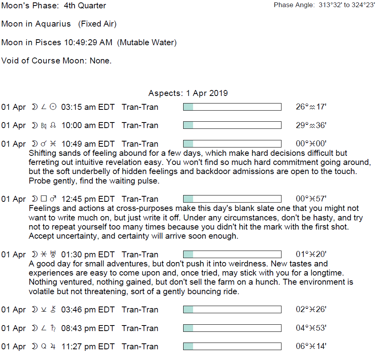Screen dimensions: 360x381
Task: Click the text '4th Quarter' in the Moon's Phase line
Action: point(85,6)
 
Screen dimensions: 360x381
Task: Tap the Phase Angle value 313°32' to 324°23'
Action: point(347,5)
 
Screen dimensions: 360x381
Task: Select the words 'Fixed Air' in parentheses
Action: point(97,24)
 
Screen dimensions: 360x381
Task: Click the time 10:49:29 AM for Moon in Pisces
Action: point(88,42)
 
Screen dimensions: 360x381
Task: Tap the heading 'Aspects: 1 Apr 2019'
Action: point(188,93)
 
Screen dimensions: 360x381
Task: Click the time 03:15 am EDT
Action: point(88,107)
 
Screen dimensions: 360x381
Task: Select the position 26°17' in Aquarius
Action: point(311,107)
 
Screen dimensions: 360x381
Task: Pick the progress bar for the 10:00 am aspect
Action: point(232,125)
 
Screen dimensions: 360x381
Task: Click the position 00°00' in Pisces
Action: point(311,144)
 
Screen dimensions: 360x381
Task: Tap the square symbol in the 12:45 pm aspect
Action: point(44,199)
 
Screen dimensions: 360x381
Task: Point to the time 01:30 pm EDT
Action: point(88,255)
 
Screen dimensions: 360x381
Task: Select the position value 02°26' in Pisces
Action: point(311,310)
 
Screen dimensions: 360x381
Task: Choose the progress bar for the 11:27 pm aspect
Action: point(232,347)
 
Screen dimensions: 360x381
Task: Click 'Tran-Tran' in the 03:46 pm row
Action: point(140,310)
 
